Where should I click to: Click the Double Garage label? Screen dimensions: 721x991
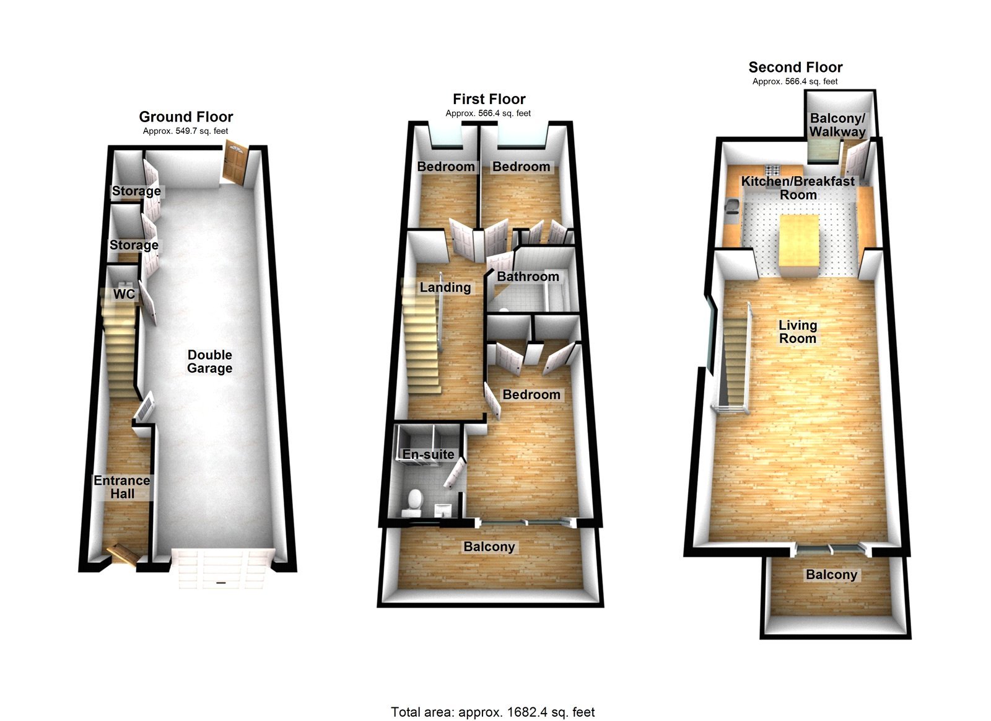[x=209, y=361]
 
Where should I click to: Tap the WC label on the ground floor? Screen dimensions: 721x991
[x=123, y=294]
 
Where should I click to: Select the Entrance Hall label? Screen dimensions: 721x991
[x=122, y=487]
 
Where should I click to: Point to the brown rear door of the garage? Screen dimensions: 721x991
[x=235, y=161]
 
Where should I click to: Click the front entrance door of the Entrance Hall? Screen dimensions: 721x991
[x=121, y=554]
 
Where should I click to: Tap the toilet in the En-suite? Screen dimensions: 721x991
[x=413, y=501]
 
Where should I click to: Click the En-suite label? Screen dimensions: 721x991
[x=428, y=454]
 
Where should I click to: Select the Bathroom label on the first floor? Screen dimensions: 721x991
[x=528, y=276]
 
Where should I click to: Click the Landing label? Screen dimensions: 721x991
[x=445, y=287]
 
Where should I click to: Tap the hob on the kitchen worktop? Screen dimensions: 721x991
[x=773, y=169]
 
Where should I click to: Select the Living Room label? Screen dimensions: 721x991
[x=798, y=332]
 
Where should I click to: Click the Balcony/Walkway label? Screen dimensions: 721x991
[x=837, y=125]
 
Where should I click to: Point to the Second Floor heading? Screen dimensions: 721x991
[x=795, y=67]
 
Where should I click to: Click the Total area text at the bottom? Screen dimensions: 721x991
[x=492, y=712]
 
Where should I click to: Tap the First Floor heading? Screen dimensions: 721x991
[x=489, y=99]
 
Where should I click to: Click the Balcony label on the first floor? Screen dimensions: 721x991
[x=489, y=547]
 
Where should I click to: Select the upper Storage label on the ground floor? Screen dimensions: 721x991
[x=136, y=191]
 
